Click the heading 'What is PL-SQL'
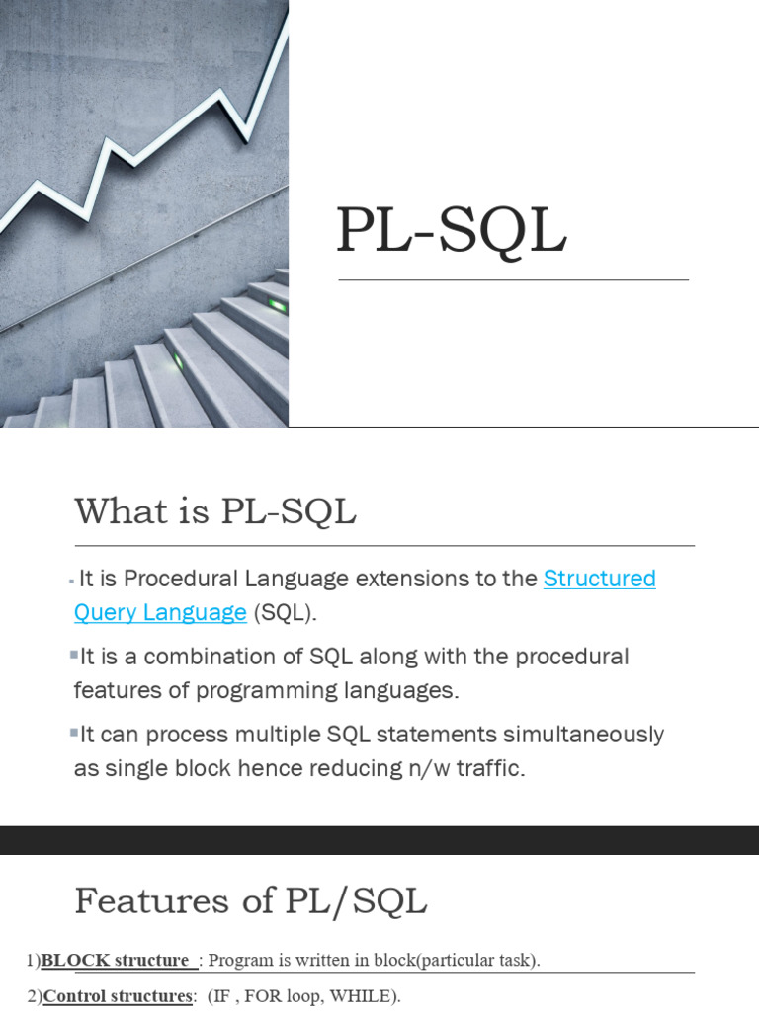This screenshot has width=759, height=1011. pos(214,512)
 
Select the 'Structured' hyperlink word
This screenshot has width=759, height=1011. pos(600,579)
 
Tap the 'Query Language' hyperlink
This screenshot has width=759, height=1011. pos(160,612)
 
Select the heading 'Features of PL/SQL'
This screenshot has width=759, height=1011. pos(250,900)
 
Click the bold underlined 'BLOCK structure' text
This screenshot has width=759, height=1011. pos(116,960)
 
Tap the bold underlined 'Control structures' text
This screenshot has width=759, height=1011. pos(118,996)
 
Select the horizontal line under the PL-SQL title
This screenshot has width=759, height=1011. pos(513,280)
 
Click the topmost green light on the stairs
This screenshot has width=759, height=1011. pos(278,306)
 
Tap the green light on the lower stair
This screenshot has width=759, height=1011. pos(179,361)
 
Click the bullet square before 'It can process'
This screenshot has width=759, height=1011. pos(74,732)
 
